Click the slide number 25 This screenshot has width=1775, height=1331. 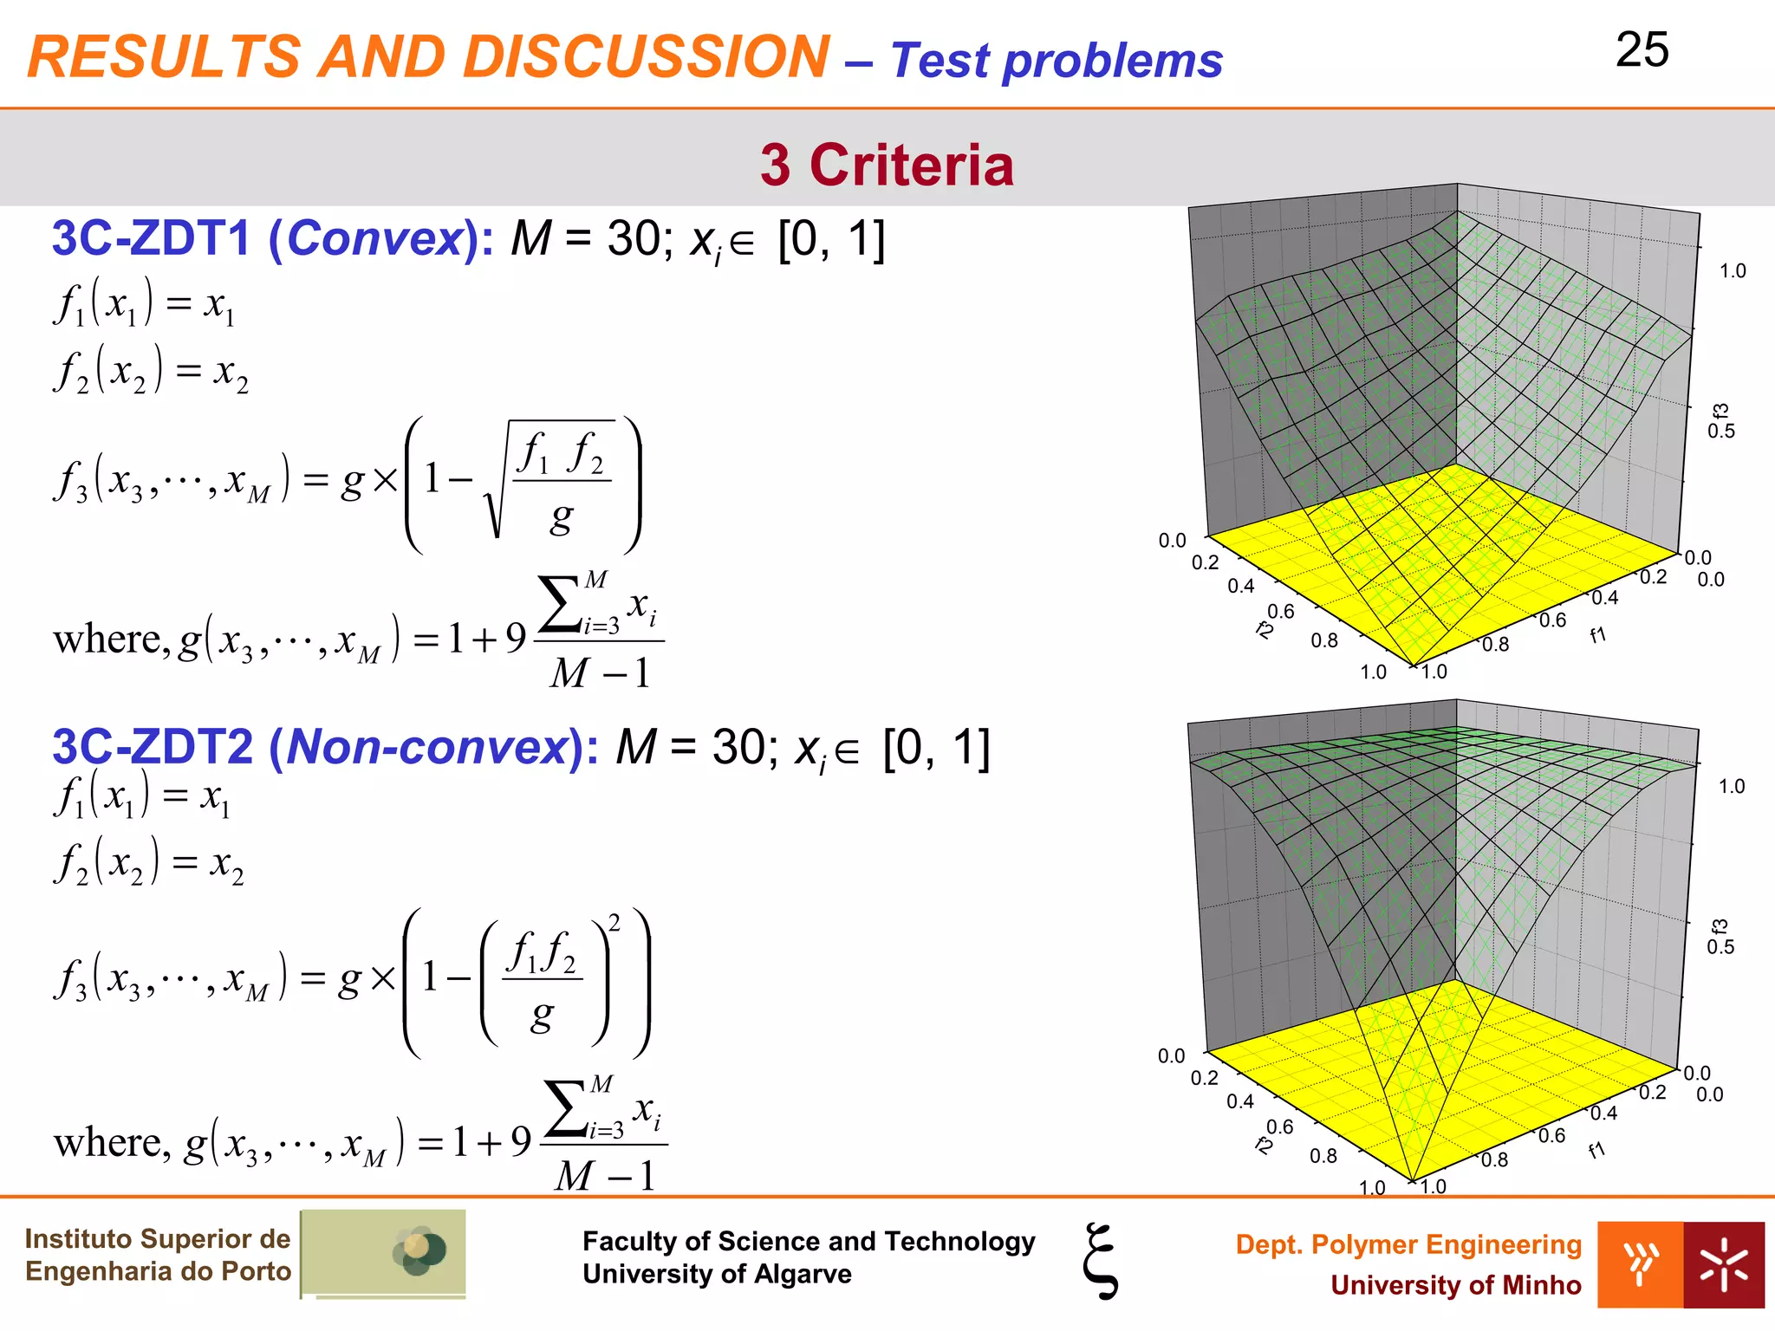coord(1642,50)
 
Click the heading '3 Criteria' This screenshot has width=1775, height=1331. coord(887,165)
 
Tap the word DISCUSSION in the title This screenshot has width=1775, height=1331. coord(647,57)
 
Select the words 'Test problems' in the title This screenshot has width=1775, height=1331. coord(1057,61)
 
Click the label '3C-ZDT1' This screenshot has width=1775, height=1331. coord(152,238)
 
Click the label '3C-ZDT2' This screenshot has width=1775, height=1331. coord(153,746)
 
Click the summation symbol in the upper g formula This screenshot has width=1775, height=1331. coord(559,605)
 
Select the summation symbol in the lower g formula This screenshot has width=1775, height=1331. coord(564,1108)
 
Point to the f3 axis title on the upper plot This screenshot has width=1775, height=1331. coord(1720,412)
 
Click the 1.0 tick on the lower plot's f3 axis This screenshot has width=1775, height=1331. coord(1732,787)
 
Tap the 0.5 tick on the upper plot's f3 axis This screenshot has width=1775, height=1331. coord(1720,432)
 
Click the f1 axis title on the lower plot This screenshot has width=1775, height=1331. coord(1596,1150)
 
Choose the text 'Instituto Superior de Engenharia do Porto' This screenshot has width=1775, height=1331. coord(158,1255)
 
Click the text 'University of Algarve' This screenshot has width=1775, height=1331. coord(717,1274)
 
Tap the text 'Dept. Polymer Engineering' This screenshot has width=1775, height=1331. coord(1408,1244)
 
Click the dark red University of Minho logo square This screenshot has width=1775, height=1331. coord(1723,1265)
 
